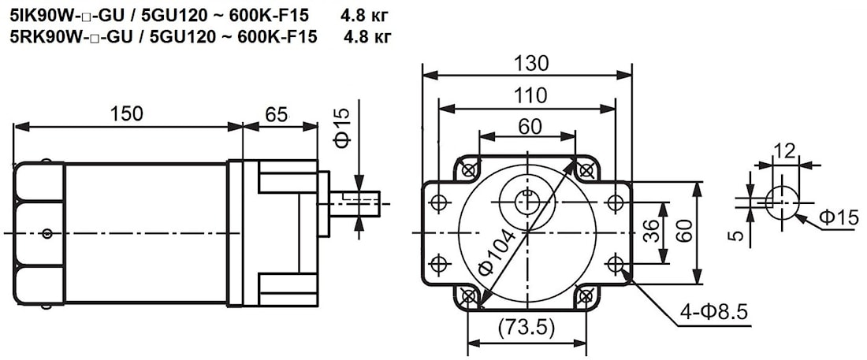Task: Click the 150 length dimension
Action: tap(127, 113)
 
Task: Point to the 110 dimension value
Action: tap(530, 96)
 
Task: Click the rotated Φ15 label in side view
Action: tap(341, 128)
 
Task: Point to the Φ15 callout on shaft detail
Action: tap(838, 219)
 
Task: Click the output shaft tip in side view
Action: tap(378, 203)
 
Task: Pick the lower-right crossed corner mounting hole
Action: tap(586, 297)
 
